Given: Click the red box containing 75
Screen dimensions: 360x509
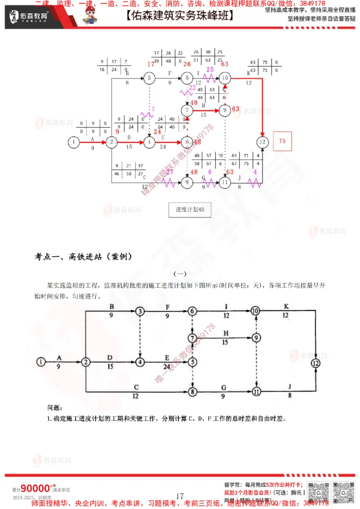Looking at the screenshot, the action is [282, 141].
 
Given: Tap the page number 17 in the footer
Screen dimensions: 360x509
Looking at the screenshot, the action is [180, 496].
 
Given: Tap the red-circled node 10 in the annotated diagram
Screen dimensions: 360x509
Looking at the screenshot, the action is [225, 78].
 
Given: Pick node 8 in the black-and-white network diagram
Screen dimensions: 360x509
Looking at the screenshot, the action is [193, 392].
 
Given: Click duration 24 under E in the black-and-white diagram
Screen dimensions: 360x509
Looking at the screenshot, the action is [167, 366].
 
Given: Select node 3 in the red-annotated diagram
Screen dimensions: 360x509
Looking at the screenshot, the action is [149, 78].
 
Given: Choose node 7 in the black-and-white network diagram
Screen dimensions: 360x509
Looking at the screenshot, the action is [193, 337].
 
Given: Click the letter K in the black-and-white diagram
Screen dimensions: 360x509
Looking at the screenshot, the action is [286, 306].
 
